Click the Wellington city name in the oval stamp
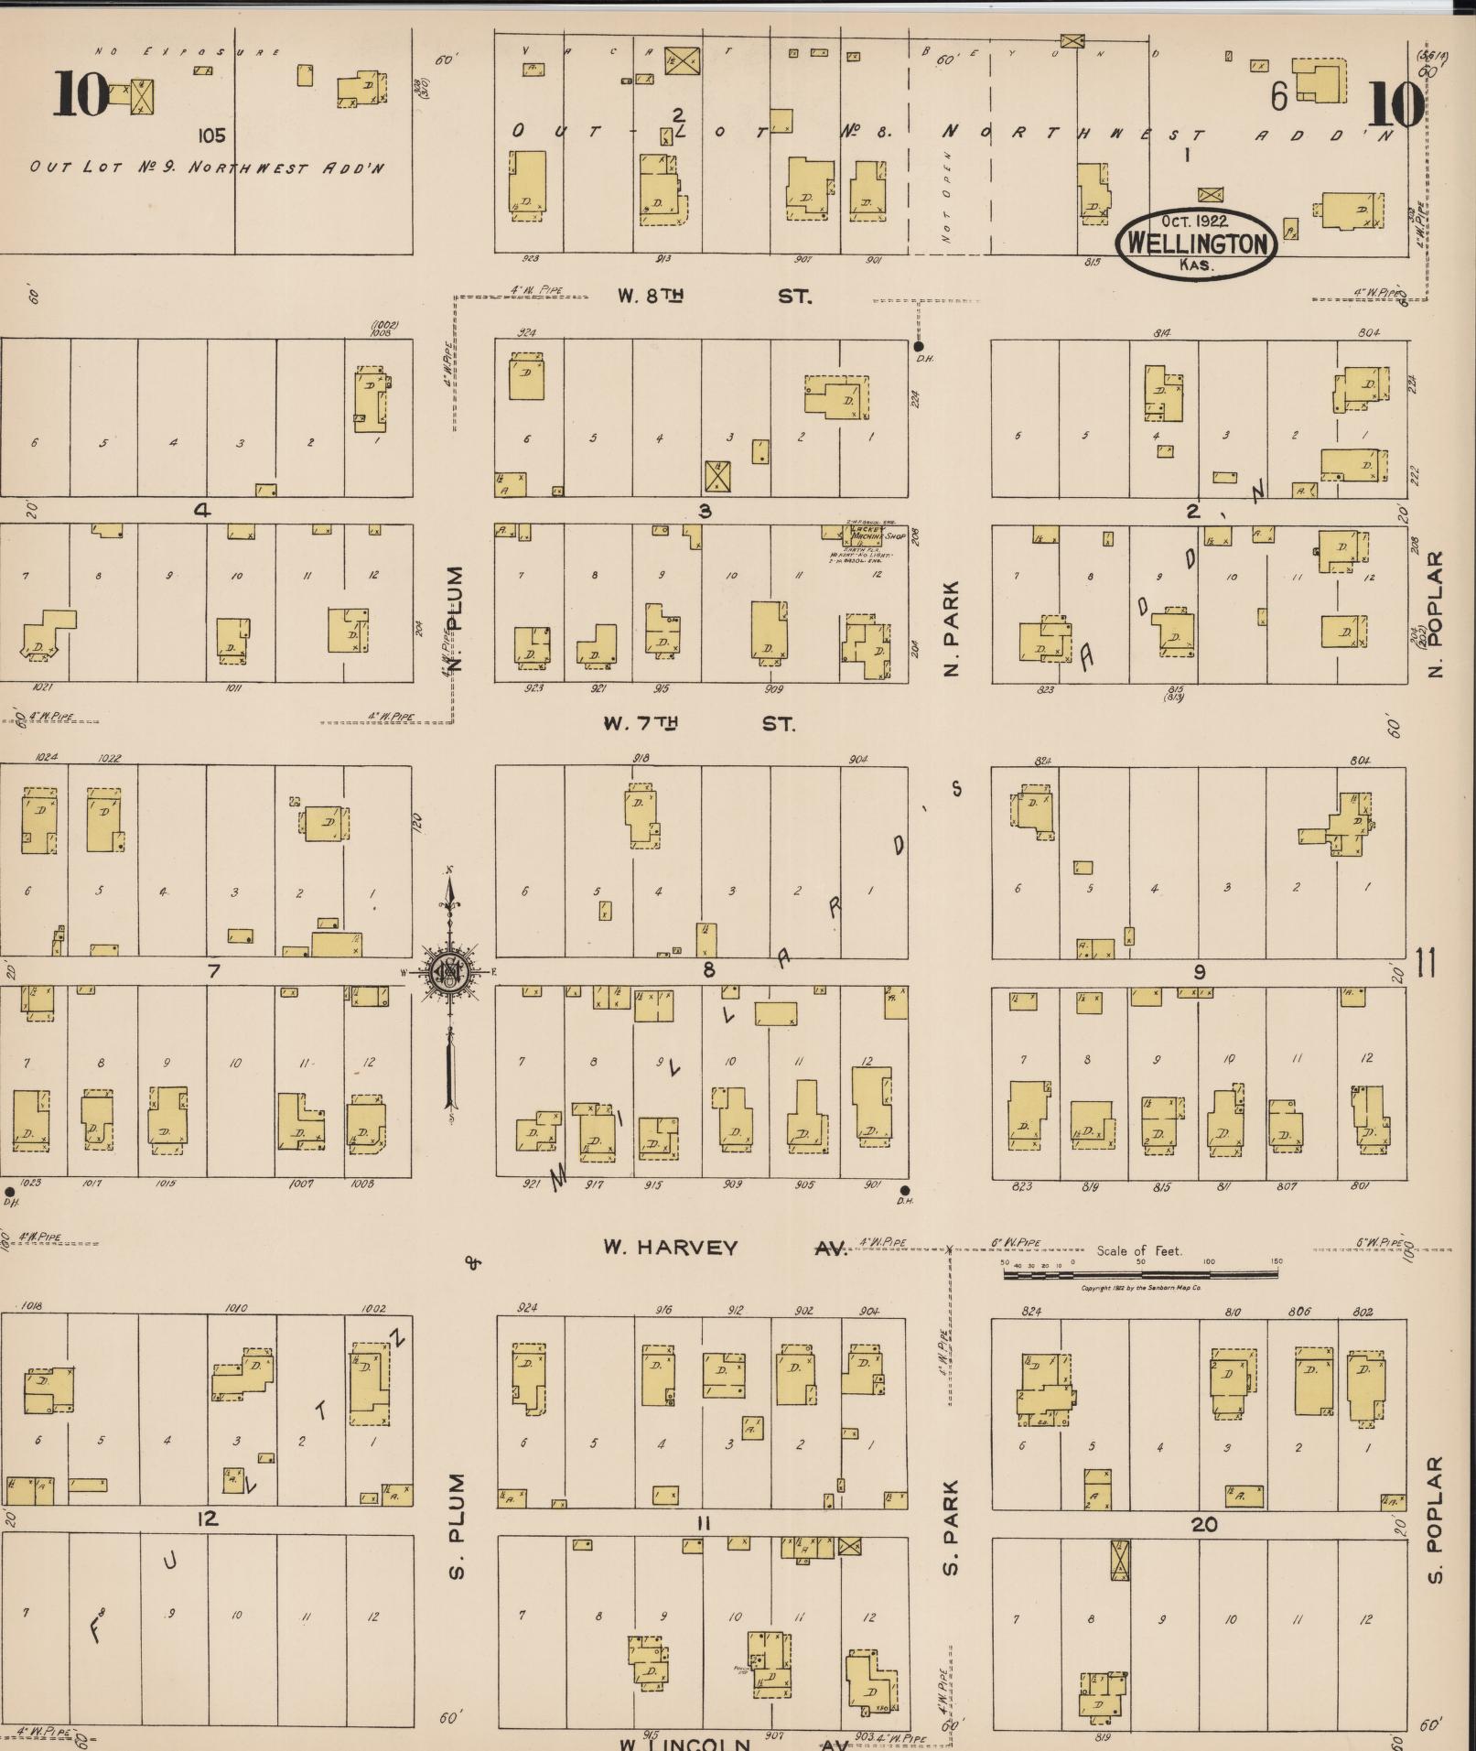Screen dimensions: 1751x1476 [1198, 244]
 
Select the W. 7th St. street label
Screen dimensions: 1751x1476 [698, 724]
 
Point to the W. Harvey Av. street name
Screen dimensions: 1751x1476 [725, 1248]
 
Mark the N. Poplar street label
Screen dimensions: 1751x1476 [1435, 613]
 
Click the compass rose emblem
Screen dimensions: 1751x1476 [449, 971]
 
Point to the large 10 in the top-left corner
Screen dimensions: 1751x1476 [81, 95]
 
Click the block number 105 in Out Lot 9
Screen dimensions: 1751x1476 [210, 136]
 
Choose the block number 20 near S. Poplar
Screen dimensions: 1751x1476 [1204, 1524]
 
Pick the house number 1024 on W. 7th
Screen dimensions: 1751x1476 [47, 758]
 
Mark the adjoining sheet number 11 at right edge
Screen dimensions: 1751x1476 [1426, 963]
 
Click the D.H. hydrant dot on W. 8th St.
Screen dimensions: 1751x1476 [919, 346]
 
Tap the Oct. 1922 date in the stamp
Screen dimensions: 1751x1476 [1195, 222]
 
